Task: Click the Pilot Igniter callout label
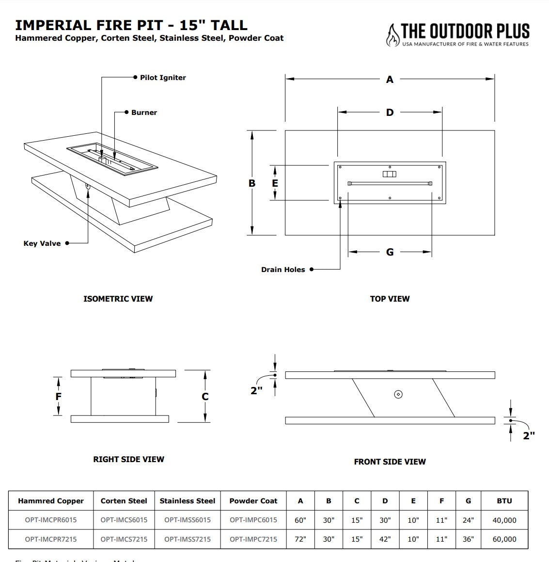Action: pos(163,78)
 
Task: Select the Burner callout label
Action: pos(144,112)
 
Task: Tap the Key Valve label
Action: pos(42,243)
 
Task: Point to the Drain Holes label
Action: pos(283,270)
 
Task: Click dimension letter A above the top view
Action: pos(390,80)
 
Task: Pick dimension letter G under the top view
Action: pos(390,252)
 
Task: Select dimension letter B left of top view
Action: pos(252,183)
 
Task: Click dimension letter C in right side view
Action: pos(205,397)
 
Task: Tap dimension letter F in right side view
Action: pos(58,397)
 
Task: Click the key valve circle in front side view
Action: pos(398,394)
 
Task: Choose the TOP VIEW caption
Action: pos(390,299)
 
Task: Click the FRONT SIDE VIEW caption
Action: pos(390,462)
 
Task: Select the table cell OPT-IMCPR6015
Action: pos(51,520)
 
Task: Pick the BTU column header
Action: pos(504,501)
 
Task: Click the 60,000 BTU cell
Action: pos(504,539)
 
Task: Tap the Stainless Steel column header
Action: pos(188,501)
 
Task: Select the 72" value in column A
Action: pos(300,539)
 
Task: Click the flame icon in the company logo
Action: pos(392,35)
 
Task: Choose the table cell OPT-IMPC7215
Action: pos(253,539)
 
